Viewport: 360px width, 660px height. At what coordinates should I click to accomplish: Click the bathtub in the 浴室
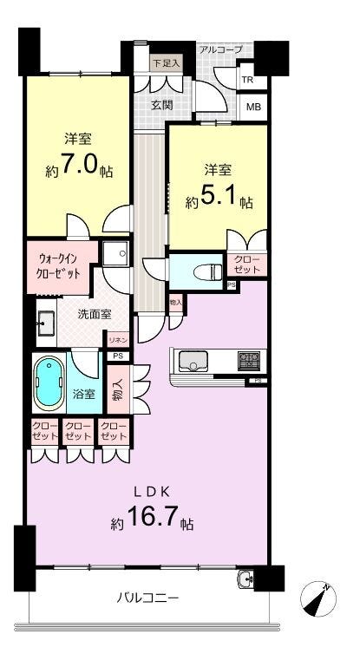pyautogui.click(x=48, y=382)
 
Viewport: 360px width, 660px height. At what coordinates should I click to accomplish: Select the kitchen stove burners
pyautogui.click(x=249, y=357)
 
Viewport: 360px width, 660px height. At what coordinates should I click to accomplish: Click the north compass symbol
pyautogui.click(x=317, y=599)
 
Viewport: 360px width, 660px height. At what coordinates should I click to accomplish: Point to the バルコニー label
pyautogui.click(x=147, y=598)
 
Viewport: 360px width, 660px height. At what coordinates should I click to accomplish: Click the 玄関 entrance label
pyautogui.click(x=161, y=105)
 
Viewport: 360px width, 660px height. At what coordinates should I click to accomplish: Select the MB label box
pyautogui.click(x=252, y=108)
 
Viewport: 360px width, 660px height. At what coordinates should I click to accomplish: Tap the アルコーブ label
pyautogui.click(x=220, y=49)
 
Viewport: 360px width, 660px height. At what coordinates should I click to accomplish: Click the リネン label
pyautogui.click(x=118, y=339)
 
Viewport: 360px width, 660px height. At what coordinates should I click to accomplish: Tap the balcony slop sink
pyautogui.click(x=246, y=579)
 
